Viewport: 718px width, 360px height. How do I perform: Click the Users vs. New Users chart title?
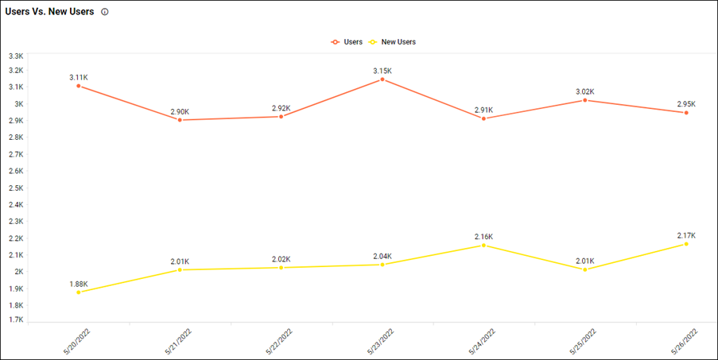tap(49, 12)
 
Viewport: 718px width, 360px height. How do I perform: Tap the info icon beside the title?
tap(105, 12)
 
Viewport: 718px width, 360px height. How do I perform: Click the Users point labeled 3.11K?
tap(78, 86)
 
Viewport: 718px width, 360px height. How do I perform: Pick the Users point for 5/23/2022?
tap(382, 79)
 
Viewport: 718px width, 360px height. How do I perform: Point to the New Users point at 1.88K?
tap(78, 292)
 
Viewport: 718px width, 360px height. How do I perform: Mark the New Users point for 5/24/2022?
tap(483, 245)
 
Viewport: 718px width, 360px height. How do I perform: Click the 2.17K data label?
tap(686, 235)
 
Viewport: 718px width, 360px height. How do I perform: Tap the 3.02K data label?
tap(585, 91)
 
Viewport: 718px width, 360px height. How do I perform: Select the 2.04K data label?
tap(382, 256)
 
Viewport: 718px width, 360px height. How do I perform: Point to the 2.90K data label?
tap(180, 111)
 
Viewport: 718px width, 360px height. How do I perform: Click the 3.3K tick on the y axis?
tap(16, 56)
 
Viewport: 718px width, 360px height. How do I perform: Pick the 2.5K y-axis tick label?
tap(16, 188)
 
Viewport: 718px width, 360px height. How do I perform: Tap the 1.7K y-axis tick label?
tap(16, 319)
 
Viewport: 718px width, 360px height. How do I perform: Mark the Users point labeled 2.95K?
tap(686, 113)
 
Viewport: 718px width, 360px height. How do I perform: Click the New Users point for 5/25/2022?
tap(585, 269)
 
